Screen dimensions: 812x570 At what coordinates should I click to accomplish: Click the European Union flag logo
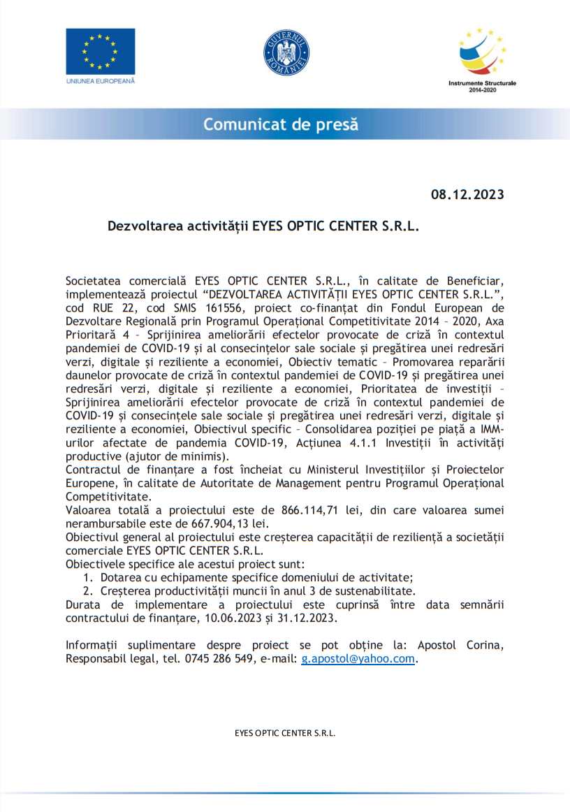click(x=100, y=51)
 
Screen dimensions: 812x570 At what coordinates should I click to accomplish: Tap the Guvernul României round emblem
click(x=286, y=52)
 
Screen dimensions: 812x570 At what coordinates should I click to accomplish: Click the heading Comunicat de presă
click(x=281, y=125)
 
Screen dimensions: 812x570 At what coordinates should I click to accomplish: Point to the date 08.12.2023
click(x=467, y=194)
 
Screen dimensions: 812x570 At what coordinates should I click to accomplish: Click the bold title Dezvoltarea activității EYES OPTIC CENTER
click(x=263, y=226)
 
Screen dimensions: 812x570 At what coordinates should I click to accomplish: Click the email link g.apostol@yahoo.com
click(x=358, y=658)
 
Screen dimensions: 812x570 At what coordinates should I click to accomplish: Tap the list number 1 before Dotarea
click(x=87, y=577)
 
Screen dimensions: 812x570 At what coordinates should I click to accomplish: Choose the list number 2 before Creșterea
click(x=87, y=590)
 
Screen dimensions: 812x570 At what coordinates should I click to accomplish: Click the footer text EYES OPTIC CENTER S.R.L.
click(x=284, y=733)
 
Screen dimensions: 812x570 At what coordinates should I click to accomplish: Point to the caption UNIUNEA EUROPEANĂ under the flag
click(x=100, y=81)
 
